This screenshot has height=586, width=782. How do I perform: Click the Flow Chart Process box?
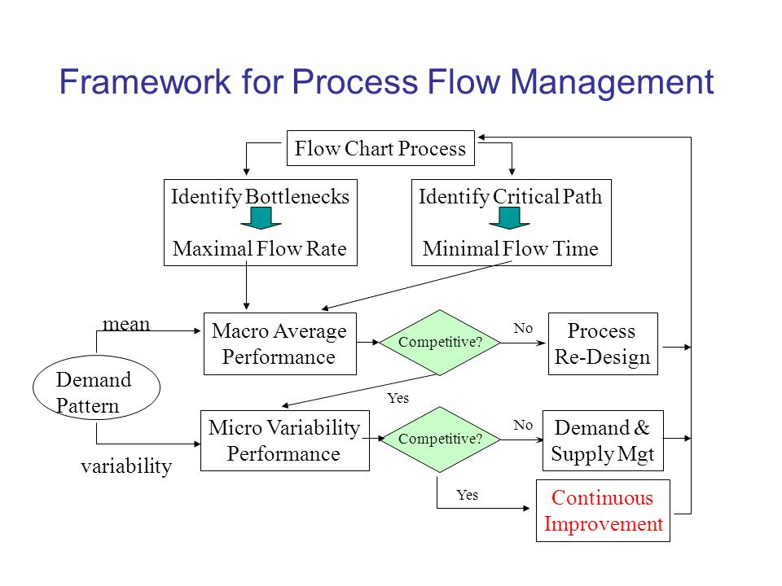(x=380, y=148)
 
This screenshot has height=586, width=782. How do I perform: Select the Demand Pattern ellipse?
(x=96, y=387)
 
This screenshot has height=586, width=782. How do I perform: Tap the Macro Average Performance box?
(x=279, y=343)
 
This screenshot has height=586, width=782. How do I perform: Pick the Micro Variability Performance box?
(x=285, y=440)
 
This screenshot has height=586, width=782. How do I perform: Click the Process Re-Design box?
(x=603, y=343)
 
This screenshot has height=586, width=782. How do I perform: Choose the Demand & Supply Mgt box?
(x=603, y=440)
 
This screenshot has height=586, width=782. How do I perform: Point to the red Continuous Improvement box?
(x=603, y=511)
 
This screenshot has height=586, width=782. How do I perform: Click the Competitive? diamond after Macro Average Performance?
(x=440, y=343)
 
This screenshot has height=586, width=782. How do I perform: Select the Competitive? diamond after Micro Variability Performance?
(x=440, y=439)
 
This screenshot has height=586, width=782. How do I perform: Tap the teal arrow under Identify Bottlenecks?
(x=261, y=218)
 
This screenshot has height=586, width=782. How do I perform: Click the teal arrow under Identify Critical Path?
(x=509, y=218)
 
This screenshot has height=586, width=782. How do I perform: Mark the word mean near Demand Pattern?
(x=126, y=324)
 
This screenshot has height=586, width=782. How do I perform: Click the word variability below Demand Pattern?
(x=126, y=466)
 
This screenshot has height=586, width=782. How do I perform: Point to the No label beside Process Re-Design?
(x=523, y=328)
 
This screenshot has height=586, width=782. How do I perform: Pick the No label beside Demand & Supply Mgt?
(x=523, y=425)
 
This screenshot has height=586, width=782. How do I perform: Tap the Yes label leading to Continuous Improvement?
(x=468, y=494)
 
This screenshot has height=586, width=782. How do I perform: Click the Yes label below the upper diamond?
(x=398, y=398)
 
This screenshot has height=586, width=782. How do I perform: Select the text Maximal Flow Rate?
(x=259, y=248)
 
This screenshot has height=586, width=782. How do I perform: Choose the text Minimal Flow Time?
(x=510, y=248)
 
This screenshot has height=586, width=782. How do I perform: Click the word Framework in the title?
(x=145, y=81)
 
